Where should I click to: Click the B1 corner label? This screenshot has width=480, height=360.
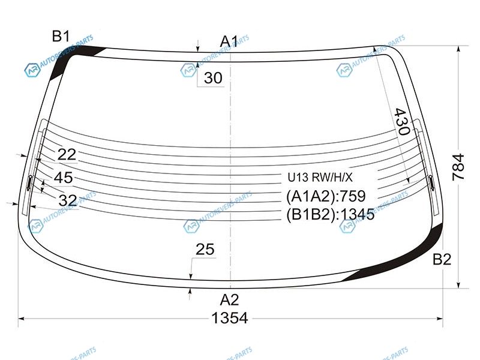(x=61, y=37)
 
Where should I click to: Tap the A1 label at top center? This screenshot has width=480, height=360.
(x=229, y=41)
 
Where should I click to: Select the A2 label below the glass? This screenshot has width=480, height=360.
(x=229, y=300)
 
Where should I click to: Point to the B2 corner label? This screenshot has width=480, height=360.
(x=442, y=260)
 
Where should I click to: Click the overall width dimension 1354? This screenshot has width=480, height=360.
(x=230, y=318)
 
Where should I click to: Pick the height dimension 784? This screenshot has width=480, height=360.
(x=458, y=167)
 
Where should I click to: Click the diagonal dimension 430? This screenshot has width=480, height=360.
(x=402, y=122)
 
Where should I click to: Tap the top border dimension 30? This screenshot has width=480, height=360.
(x=213, y=78)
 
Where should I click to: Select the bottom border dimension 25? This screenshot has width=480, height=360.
(x=205, y=250)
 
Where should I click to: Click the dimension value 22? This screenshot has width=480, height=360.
(x=67, y=155)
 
